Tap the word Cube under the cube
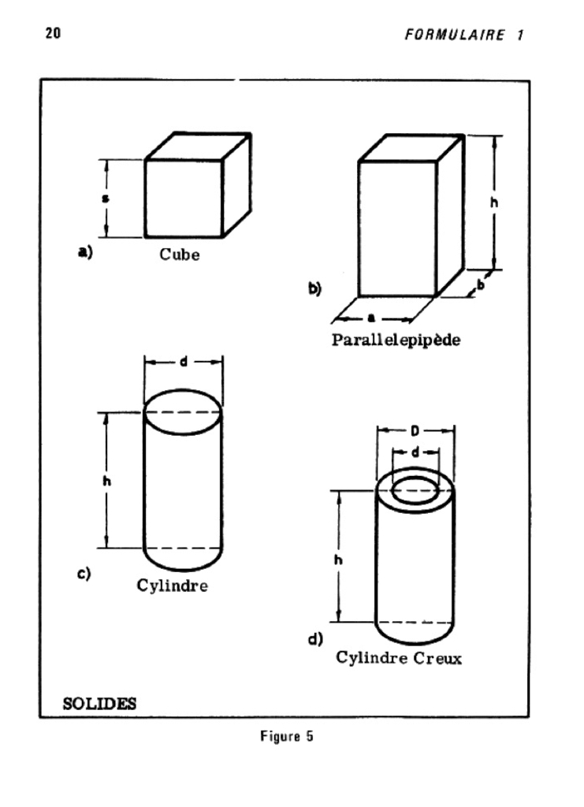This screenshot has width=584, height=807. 180,255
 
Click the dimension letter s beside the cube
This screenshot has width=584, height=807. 106,198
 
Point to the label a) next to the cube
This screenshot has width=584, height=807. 84,253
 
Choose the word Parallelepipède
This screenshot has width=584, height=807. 396,341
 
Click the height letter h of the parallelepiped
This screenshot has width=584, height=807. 494,202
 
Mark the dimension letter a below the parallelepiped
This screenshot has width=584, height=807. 371,318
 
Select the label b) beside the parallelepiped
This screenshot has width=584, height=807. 314,289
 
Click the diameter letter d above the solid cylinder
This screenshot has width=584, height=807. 183,363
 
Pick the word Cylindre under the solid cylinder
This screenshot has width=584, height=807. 173,586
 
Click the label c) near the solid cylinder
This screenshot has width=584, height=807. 83,574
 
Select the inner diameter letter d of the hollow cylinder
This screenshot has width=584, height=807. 415,452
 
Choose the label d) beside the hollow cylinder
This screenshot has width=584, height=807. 315,638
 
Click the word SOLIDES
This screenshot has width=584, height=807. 99,703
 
